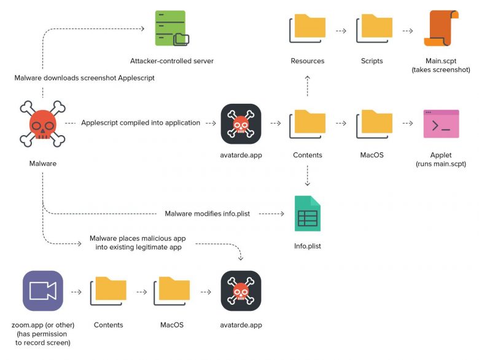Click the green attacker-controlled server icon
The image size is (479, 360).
(172, 29)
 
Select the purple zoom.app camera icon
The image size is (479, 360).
(43, 291)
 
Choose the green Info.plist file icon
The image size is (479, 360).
(307, 213)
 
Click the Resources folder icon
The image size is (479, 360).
(308, 29)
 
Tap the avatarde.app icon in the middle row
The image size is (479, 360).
(241, 123)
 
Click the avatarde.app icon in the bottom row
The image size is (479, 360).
(241, 291)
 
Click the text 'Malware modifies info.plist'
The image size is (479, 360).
(210, 214)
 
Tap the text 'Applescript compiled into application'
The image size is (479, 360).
(141, 123)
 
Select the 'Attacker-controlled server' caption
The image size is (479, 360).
(172, 61)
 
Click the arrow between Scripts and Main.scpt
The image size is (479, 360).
(407, 29)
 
